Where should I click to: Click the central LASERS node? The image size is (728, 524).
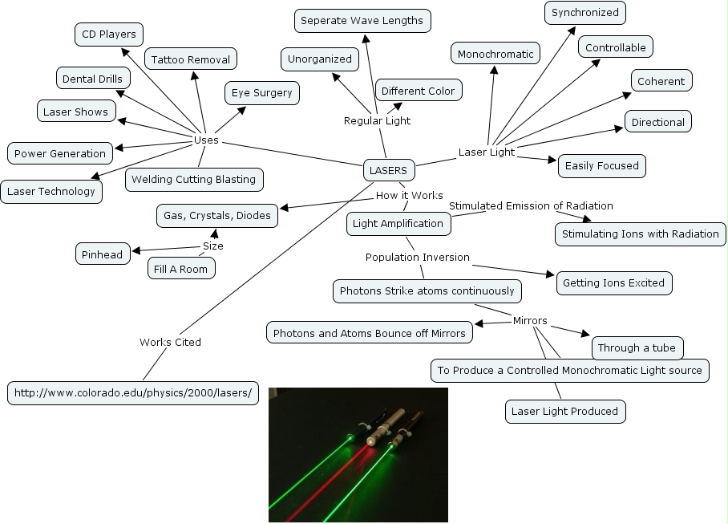[x=388, y=170]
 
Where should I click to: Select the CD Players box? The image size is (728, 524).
[x=109, y=35]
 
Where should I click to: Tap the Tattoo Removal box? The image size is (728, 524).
[x=191, y=59]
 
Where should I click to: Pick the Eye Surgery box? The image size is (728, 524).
[x=261, y=93]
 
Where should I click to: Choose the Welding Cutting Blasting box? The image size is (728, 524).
[x=193, y=179]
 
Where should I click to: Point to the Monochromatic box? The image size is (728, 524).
[x=495, y=55]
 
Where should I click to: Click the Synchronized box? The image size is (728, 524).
[x=584, y=13]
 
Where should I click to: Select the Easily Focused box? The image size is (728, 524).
[x=601, y=166]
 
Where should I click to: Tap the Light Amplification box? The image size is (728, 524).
[x=398, y=224]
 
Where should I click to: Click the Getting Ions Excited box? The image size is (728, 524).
[x=613, y=283]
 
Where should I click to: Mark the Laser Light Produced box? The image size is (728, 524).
[x=564, y=412]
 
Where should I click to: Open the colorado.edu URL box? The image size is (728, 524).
[x=133, y=393]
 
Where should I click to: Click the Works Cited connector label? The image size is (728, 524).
[x=170, y=342]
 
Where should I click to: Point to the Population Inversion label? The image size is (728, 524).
[x=417, y=258]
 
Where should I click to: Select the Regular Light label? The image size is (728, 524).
[x=377, y=121]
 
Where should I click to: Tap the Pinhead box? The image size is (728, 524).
[x=102, y=255]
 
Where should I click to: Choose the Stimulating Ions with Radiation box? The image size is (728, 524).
[x=640, y=234]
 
